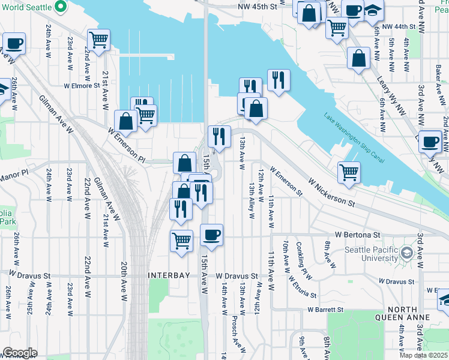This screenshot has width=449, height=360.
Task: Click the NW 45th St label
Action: tap(259, 6)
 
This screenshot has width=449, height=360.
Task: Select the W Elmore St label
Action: tap(82, 86)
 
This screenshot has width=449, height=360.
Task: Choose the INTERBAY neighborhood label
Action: tap(169, 275)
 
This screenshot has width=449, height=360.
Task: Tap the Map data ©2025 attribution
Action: tap(424, 355)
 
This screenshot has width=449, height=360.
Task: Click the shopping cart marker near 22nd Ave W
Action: tap(99, 40)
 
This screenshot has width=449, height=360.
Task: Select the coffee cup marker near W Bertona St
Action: tap(211, 235)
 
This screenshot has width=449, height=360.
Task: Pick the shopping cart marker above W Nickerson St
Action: tap(349, 172)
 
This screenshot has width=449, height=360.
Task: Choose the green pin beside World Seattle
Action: tap(60, 8)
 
